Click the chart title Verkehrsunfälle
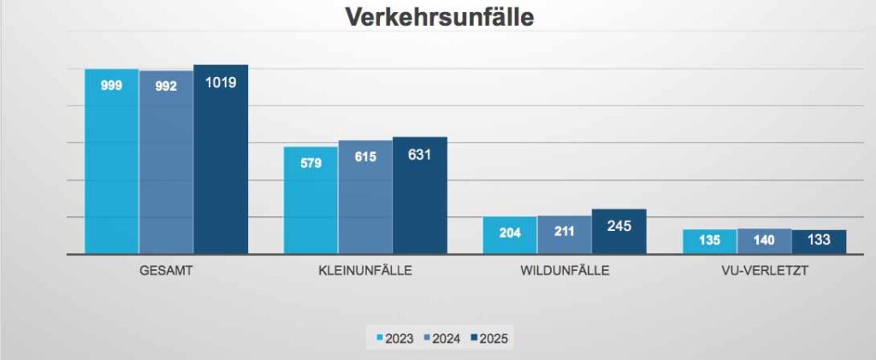[x=438, y=17]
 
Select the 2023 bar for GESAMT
[x=111, y=162]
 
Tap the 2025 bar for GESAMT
[x=221, y=162]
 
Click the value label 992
[x=167, y=86]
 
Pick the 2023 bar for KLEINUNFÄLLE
[x=311, y=201]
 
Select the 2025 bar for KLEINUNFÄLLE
[x=420, y=197]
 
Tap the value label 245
[x=619, y=227]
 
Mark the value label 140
[x=764, y=240]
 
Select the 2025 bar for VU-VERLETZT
[x=819, y=243]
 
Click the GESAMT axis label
[x=166, y=272]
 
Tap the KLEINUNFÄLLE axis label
[x=365, y=272]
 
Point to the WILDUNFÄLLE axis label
[x=565, y=272]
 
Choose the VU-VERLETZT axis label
[x=764, y=272]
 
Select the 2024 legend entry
[x=441, y=339]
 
